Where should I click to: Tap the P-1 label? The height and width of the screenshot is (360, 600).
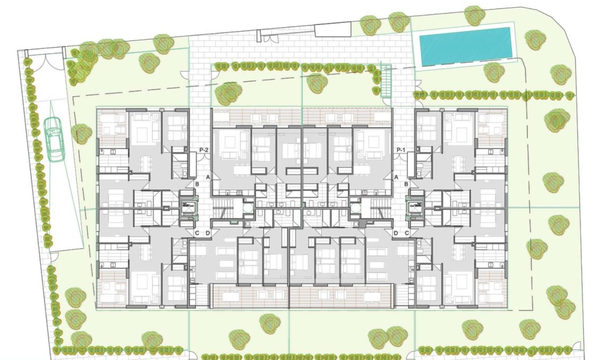[x=401, y=151]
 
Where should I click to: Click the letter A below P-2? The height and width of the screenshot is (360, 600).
[x=209, y=176]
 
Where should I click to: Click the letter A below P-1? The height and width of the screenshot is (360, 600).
[x=396, y=176]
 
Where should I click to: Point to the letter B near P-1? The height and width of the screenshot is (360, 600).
[x=407, y=184]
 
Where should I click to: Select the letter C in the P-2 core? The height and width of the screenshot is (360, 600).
[x=196, y=233]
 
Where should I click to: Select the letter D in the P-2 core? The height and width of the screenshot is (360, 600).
[x=208, y=233]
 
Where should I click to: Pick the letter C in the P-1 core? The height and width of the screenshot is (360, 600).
[x=407, y=233]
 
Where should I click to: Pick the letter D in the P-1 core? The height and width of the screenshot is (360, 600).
[x=396, y=233]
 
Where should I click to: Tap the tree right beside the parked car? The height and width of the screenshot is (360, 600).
[x=81, y=133]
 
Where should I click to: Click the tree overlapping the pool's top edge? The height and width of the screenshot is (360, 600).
[x=474, y=15]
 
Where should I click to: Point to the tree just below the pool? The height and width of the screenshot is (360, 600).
[x=494, y=72]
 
